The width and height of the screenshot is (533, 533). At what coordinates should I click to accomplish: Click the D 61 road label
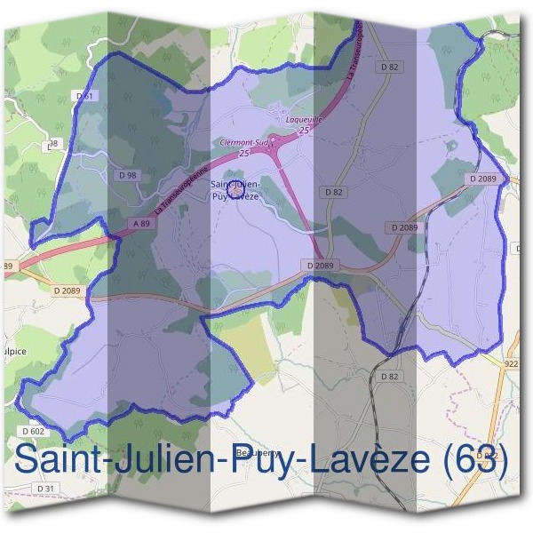click(85, 95)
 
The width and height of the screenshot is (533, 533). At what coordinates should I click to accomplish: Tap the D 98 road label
click(127, 174)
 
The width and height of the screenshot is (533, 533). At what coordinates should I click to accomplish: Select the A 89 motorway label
click(140, 224)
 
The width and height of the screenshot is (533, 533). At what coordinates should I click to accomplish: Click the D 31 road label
click(46, 489)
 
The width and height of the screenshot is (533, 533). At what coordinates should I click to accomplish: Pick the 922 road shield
click(510, 363)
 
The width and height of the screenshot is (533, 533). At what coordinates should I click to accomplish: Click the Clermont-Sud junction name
click(242, 142)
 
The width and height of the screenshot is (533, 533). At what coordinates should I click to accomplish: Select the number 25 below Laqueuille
click(304, 130)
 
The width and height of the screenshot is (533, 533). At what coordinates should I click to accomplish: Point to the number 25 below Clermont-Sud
click(243, 153)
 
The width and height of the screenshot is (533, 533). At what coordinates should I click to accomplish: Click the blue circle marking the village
click(235, 188)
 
